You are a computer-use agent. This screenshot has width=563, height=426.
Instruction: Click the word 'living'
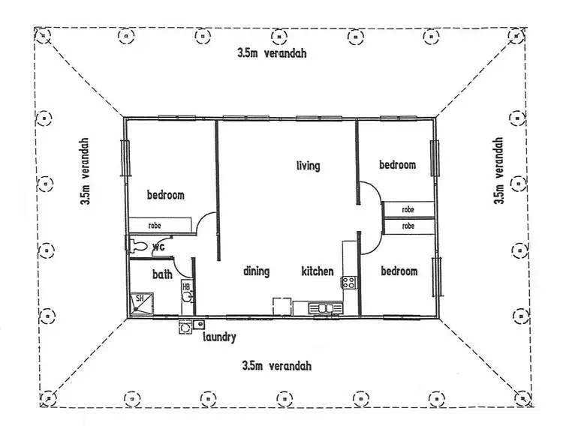(x=309, y=166)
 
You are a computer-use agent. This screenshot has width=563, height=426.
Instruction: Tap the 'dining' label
(x=256, y=271)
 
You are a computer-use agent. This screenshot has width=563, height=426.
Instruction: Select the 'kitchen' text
(x=318, y=271)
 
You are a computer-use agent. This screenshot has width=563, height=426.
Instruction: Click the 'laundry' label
(x=220, y=337)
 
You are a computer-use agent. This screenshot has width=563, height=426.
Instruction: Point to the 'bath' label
(x=163, y=275)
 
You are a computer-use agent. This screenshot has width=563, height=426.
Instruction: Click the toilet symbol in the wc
(x=139, y=245)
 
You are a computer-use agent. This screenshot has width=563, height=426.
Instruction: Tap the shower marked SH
(x=139, y=301)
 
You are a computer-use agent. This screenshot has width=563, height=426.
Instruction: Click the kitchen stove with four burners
(x=349, y=283)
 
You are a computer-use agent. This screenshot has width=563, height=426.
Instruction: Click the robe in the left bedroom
(x=155, y=224)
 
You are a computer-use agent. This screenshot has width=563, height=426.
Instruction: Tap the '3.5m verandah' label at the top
(x=272, y=54)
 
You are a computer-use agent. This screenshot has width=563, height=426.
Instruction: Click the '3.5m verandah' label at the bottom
(x=276, y=366)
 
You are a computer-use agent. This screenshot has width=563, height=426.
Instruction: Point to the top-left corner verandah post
(x=44, y=34)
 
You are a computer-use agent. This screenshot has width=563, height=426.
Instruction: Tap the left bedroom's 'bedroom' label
(x=165, y=196)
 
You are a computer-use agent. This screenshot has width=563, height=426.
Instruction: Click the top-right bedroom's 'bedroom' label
(x=397, y=165)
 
